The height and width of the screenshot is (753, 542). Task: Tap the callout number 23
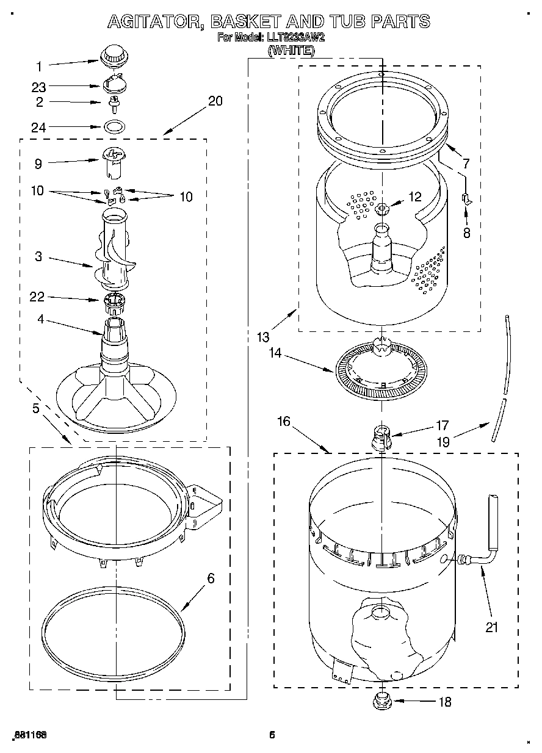39,87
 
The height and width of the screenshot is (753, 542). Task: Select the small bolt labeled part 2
112,105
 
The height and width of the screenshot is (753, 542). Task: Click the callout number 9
38,164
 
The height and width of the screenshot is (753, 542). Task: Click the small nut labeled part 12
383,210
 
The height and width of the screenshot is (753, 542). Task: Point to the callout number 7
466,164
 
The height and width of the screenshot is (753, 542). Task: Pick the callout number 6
211,578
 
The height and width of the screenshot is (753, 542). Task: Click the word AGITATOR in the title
156,23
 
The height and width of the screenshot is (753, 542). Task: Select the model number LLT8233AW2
294,37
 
